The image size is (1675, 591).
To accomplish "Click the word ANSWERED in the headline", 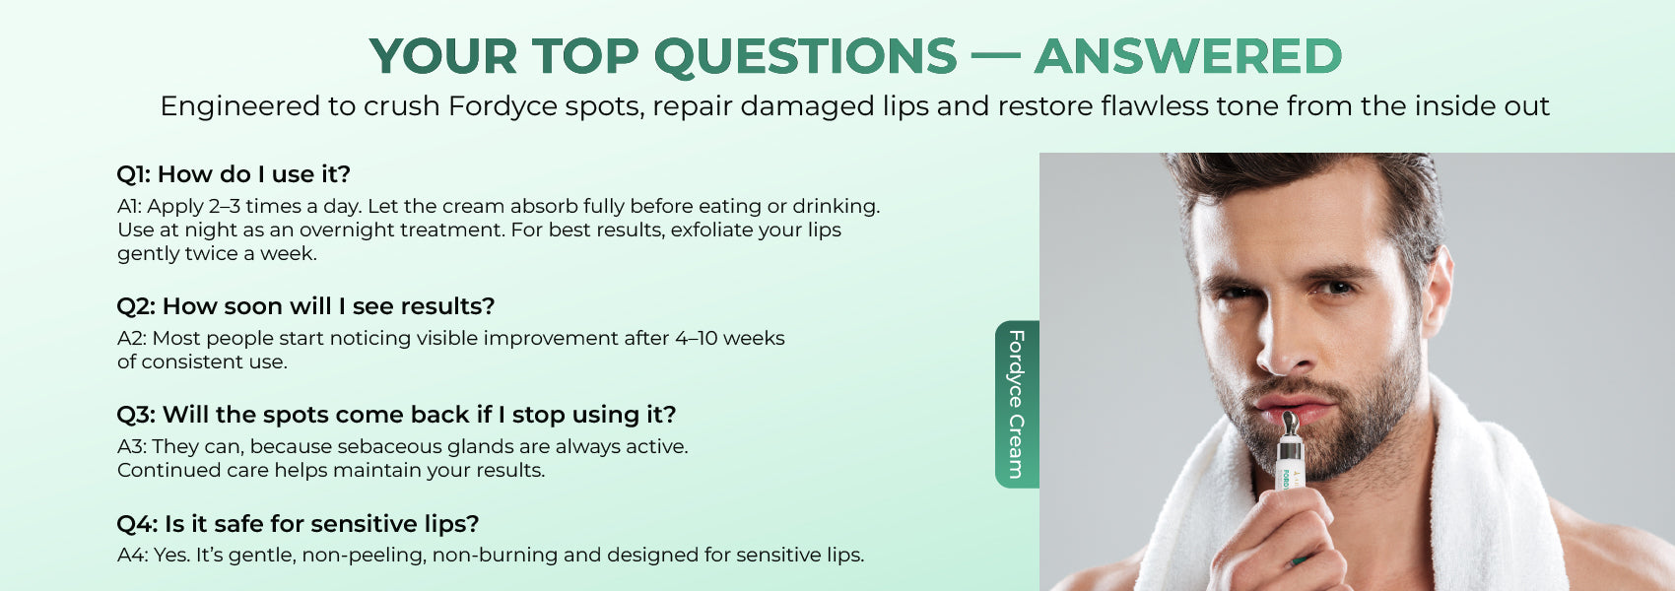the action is [1188, 56].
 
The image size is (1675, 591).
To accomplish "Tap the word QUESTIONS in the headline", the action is [805, 57].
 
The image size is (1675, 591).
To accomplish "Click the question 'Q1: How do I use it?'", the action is [234, 174].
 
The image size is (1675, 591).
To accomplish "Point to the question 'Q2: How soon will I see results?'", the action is [305, 306].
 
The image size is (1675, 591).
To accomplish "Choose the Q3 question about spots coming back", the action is [396, 415].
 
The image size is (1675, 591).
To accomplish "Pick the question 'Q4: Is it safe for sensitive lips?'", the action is [298, 524].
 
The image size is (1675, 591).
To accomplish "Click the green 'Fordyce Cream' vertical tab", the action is [1017, 404].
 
